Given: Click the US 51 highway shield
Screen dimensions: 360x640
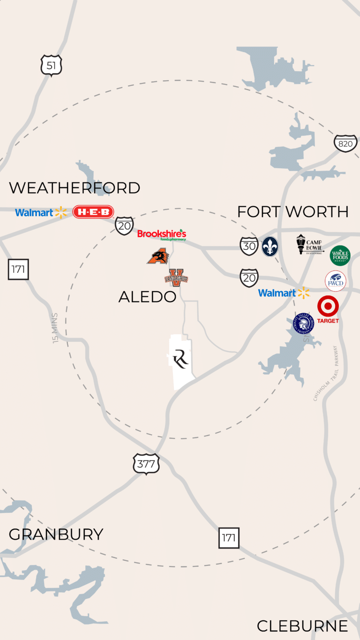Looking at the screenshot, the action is click(x=51, y=66).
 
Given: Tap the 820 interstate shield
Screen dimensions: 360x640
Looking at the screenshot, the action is click(x=345, y=143).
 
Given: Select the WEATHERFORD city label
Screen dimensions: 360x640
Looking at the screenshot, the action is click(x=75, y=188).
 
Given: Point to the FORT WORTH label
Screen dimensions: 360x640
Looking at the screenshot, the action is click(x=292, y=212).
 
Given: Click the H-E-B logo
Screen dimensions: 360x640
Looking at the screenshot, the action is click(x=93, y=212).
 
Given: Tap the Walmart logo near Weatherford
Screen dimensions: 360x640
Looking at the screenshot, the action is click(x=41, y=212).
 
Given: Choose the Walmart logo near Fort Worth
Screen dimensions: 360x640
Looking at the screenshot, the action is click(x=284, y=293).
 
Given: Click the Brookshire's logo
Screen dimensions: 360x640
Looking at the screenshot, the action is click(x=162, y=234).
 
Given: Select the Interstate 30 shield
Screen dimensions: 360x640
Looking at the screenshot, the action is click(x=249, y=246).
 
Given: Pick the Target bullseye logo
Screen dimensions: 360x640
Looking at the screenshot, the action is click(x=328, y=307).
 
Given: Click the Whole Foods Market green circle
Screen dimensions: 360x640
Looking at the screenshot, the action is click(x=340, y=256).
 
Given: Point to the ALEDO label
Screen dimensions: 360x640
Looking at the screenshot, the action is click(x=147, y=296).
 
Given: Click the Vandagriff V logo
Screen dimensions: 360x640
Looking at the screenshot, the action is click(x=176, y=278).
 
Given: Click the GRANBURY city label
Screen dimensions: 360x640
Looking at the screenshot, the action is click(x=56, y=535).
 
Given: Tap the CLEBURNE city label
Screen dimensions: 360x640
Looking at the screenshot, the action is click(x=302, y=626).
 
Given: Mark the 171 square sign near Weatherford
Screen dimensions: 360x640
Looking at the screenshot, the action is click(x=18, y=270).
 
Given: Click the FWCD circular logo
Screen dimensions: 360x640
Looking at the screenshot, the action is click(x=336, y=281).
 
